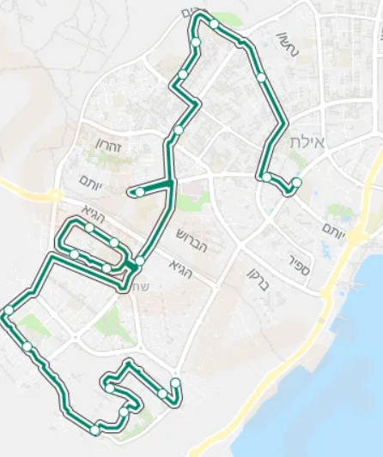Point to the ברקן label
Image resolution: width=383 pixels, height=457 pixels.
click(x=258, y=279)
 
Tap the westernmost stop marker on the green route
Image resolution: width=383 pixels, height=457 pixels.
click(x=9, y=310)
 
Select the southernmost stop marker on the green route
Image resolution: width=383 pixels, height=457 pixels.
click(x=94, y=430)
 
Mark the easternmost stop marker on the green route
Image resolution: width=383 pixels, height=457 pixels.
click(x=296, y=182)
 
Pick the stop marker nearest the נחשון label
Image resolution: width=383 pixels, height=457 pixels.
click(x=261, y=77)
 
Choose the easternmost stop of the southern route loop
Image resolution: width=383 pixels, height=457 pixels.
click(x=175, y=382)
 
